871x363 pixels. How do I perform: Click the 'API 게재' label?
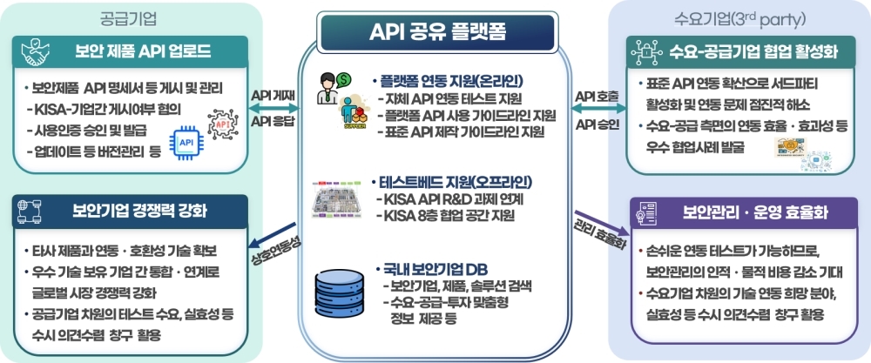271,94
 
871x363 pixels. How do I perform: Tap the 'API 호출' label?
597,94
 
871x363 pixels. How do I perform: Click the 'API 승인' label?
597,124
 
